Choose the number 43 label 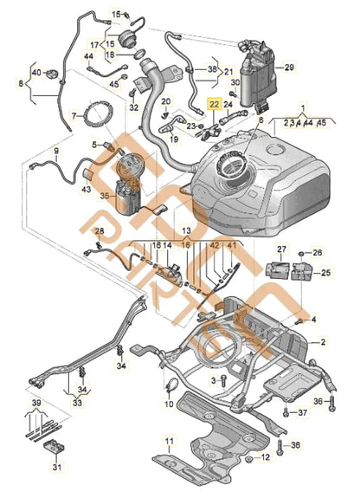[x=86, y=190]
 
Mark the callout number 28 [x=100, y=231]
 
